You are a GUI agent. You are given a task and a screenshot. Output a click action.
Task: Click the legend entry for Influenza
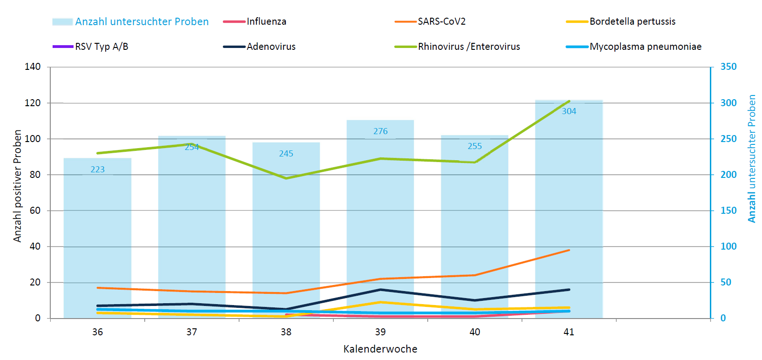coord(266,21)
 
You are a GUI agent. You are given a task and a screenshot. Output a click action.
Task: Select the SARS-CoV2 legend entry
coord(441,21)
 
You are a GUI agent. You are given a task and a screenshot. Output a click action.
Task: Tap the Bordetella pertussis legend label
coord(632,21)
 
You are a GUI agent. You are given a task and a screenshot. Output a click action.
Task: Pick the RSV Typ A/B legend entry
coord(101,47)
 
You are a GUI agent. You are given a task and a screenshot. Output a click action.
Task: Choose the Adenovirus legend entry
coord(271,47)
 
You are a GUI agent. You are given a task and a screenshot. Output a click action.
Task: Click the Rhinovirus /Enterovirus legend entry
coord(469,47)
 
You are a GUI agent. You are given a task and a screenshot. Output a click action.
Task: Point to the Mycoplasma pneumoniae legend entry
coord(645,47)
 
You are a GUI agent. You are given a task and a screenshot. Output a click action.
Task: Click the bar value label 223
coord(98,170)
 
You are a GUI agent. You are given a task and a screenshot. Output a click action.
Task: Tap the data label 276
coord(380,131)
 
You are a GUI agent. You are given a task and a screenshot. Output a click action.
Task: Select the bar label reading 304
coord(569,111)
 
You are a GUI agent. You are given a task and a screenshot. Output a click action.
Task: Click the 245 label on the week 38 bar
coord(286,154)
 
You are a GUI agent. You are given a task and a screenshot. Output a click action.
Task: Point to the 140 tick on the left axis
coord(33,67)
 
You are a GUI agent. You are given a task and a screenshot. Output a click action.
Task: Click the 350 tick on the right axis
coord(728,67)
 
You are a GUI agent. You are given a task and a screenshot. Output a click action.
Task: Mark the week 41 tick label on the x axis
coord(569,332)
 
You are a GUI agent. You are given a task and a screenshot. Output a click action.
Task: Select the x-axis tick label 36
coord(98,332)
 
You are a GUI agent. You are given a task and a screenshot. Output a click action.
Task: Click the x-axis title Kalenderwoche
coord(380,349)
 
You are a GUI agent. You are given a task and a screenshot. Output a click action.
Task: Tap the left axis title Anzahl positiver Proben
coord(18,186)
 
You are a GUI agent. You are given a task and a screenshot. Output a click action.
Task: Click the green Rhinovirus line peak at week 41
coord(569,101)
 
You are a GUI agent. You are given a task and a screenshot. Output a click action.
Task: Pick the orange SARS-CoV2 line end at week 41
coord(569,250)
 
